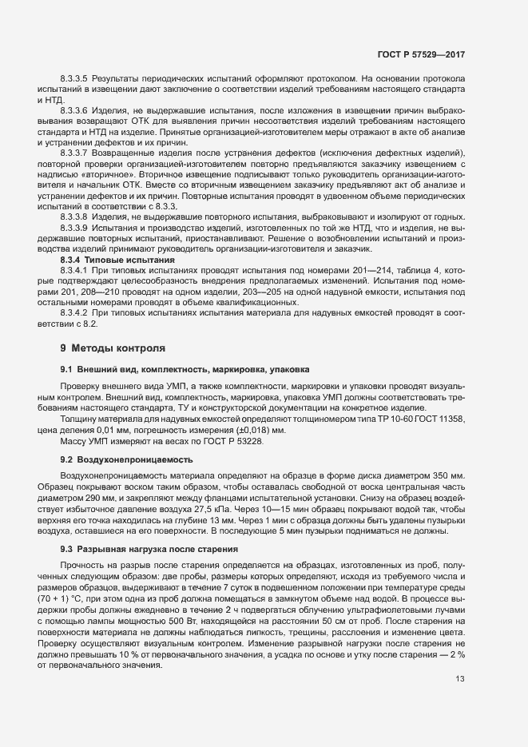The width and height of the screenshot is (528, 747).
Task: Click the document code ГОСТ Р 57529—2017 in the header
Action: (x=421, y=54)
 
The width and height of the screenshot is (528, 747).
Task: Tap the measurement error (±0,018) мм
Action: (x=256, y=430)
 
